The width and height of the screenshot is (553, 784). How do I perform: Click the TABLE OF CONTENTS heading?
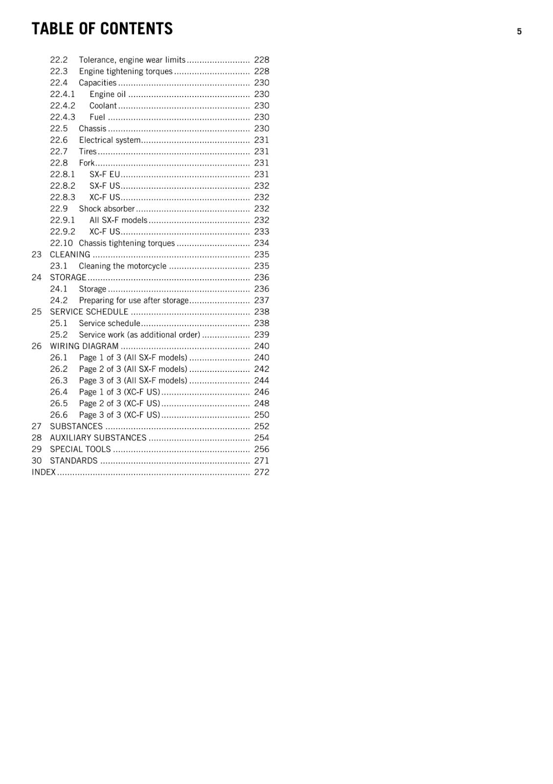click(102, 29)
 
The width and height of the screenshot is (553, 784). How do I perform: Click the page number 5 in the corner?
click(519, 31)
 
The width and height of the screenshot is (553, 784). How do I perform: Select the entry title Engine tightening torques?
click(126, 72)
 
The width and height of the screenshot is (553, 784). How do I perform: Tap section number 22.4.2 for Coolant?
click(63, 106)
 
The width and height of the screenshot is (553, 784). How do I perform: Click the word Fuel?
click(97, 117)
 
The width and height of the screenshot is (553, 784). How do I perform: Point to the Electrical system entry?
click(110, 140)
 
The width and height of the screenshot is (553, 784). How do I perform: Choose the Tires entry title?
click(88, 151)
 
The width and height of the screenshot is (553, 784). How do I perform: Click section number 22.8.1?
click(63, 174)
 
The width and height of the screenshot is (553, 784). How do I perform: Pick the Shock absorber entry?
click(107, 209)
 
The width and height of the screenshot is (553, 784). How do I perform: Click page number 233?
click(261, 232)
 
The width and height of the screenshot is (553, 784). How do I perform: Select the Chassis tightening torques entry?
click(127, 243)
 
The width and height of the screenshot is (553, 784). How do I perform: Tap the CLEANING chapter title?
click(70, 255)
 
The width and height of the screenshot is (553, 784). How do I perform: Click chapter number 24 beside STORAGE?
click(37, 277)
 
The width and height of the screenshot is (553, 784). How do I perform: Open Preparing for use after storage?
click(134, 300)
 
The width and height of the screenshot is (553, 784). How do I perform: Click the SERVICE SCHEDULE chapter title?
click(89, 312)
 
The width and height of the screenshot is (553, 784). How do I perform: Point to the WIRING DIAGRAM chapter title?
click(84, 346)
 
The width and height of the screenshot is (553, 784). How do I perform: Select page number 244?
click(261, 380)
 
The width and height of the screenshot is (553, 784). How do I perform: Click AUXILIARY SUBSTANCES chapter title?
click(98, 438)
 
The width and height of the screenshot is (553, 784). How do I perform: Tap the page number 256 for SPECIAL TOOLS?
click(261, 449)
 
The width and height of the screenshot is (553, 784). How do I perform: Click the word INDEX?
click(44, 472)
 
